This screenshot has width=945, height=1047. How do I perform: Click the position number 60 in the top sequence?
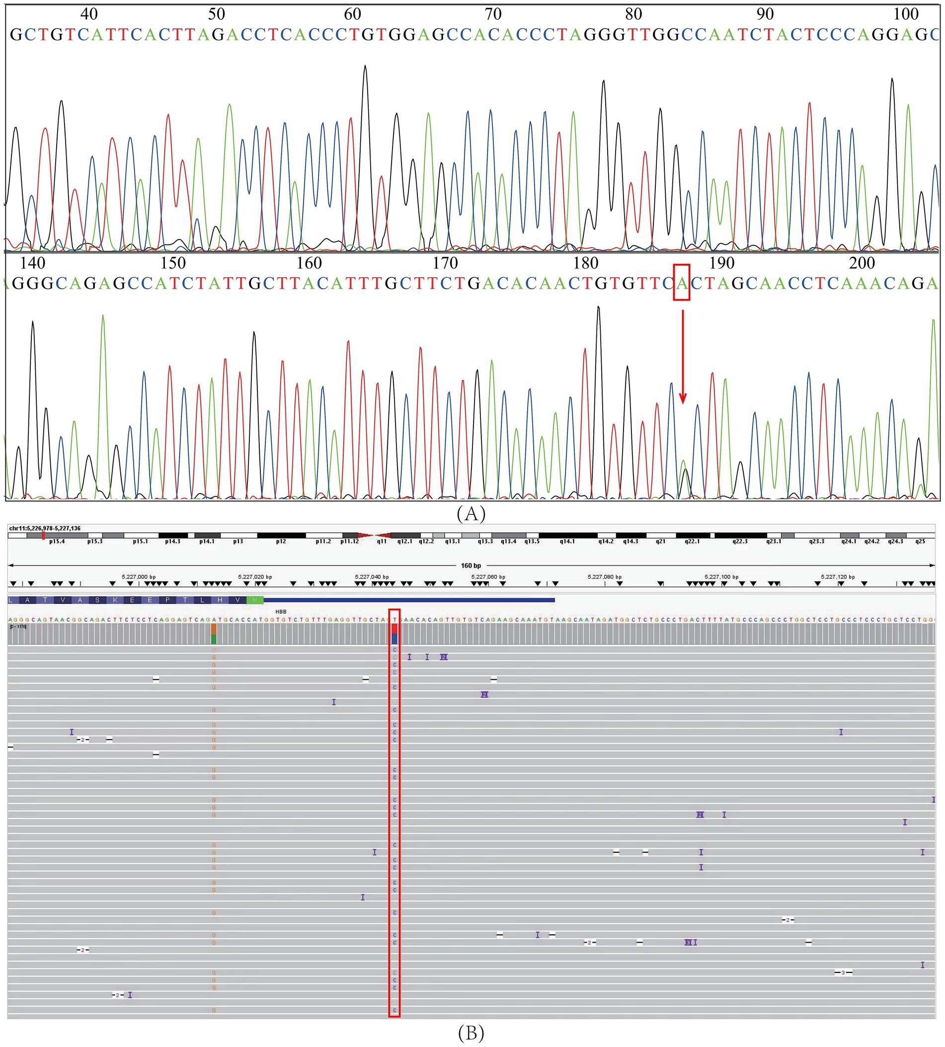coord(353,14)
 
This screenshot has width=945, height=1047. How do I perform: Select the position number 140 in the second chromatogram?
coord(32,263)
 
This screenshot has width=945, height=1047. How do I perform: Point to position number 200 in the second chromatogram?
coord(863,263)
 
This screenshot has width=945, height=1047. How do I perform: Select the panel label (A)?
coord(471,513)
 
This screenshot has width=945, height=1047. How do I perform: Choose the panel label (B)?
coord(471,1034)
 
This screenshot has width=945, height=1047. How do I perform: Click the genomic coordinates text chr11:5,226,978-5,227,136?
coord(45,528)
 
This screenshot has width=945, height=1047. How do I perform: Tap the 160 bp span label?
coord(471,565)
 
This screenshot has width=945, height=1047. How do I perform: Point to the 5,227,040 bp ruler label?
coord(372,577)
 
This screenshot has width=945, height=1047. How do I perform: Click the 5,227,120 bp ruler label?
coord(838,577)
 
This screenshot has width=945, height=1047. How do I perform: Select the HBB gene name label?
coord(281,612)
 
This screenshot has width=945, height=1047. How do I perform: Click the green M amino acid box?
coord(254,600)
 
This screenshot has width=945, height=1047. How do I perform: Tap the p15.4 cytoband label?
coord(57,541)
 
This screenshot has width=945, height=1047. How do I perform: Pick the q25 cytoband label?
coord(920,541)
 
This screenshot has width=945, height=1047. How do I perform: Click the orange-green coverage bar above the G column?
coord(214,634)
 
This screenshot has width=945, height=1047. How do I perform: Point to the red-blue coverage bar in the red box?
coord(394,634)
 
